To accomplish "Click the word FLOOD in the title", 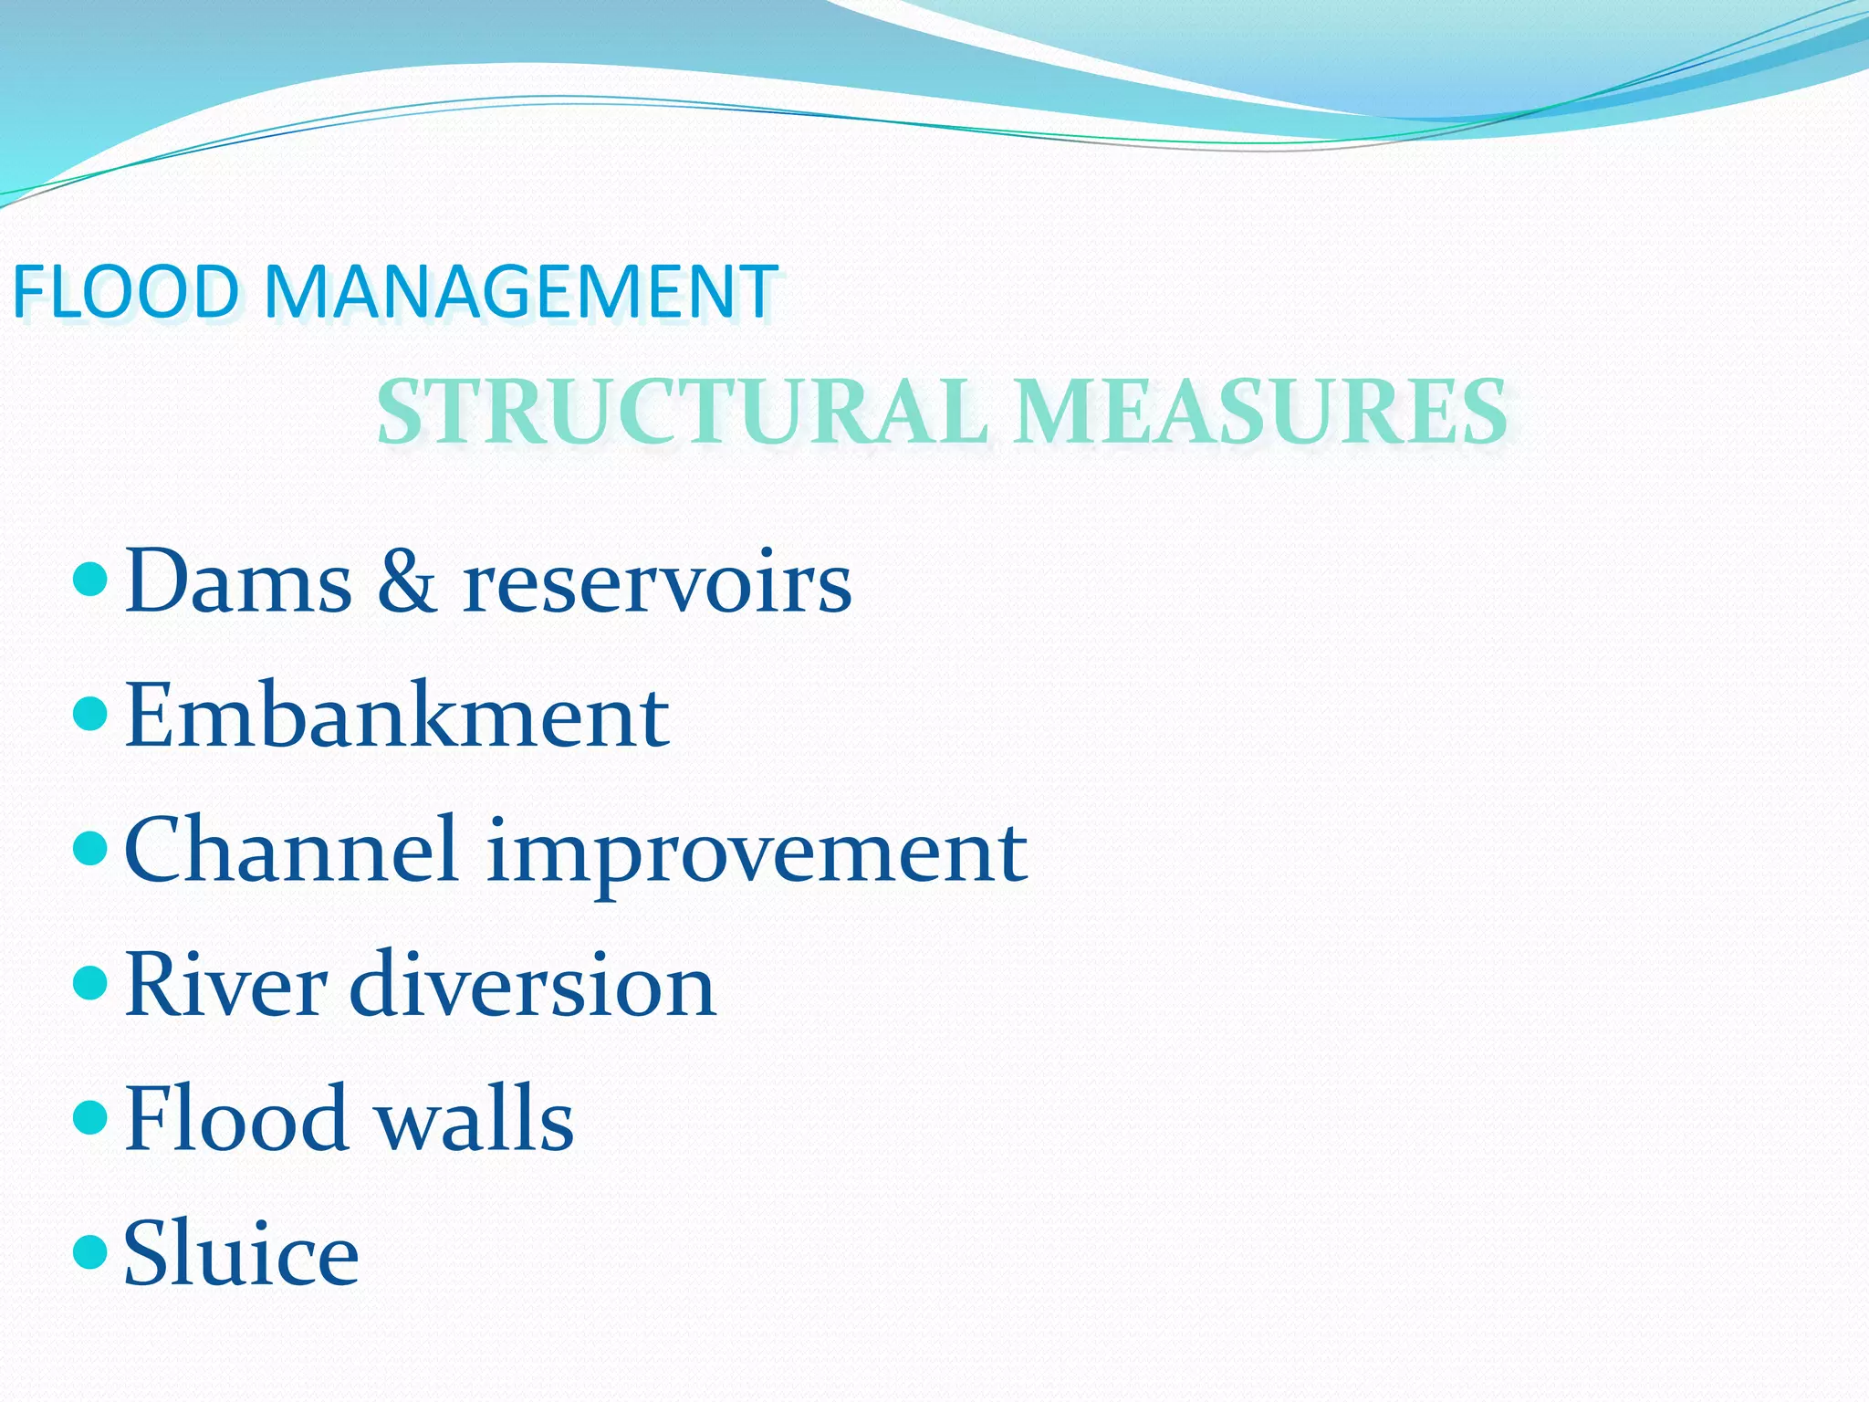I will [x=125, y=292].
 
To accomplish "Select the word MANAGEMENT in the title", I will [x=520, y=292].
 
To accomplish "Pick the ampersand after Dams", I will [x=406, y=581].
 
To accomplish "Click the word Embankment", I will [x=397, y=716].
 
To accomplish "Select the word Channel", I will [x=291, y=850].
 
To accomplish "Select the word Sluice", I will [x=241, y=1252].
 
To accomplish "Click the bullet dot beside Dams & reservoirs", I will [x=89, y=579].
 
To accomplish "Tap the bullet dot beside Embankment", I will [x=89, y=713].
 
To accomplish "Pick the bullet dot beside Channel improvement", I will [x=89, y=848].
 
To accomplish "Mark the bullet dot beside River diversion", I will [x=89, y=982].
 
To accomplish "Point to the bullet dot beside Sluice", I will [x=89, y=1251].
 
